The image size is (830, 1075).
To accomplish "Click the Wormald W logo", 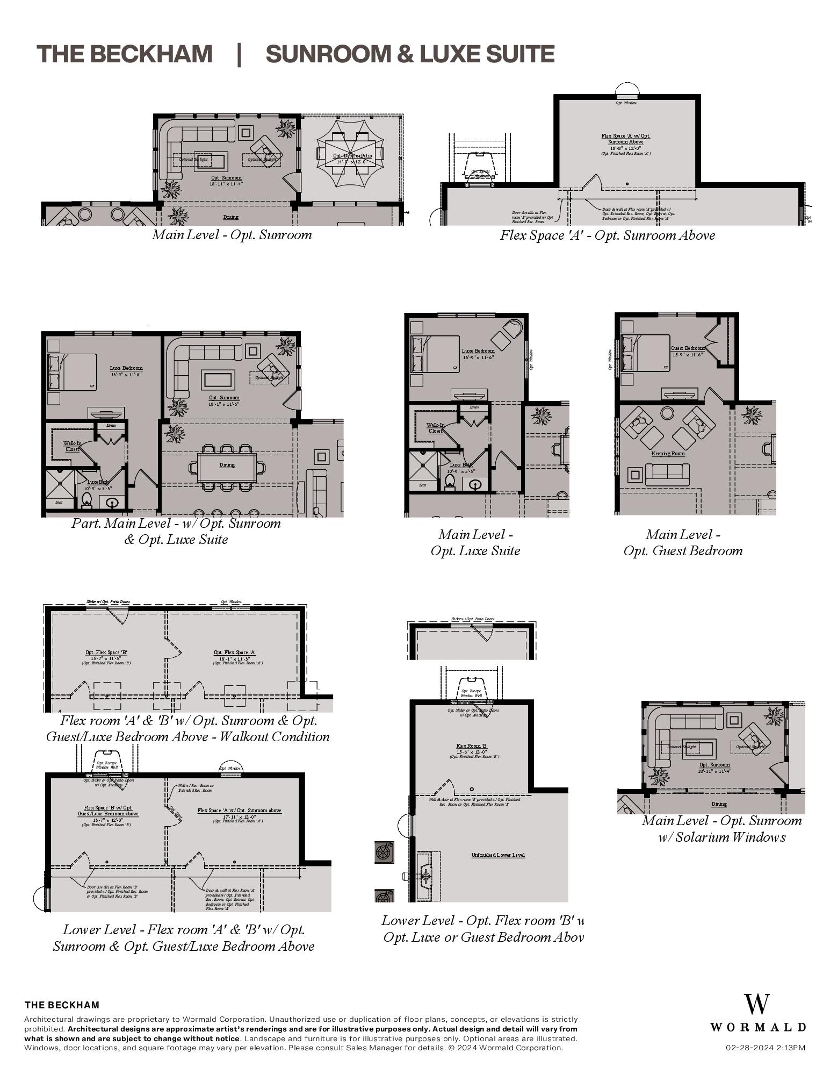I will (x=756, y=1004).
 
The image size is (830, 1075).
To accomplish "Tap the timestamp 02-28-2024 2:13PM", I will (x=765, y=1048).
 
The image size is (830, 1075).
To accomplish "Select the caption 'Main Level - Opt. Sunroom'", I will (x=232, y=235).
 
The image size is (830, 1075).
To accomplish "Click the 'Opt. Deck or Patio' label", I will (x=352, y=156).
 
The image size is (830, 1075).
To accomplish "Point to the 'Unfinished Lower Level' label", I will (x=497, y=855).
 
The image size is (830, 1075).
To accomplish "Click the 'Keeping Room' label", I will (x=668, y=454).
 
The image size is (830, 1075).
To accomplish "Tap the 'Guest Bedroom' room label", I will (x=687, y=348).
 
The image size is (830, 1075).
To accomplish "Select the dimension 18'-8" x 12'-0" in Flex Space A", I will (x=625, y=148).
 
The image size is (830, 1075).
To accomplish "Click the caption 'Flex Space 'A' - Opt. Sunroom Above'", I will (x=607, y=235).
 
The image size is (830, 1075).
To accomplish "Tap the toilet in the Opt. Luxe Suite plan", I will (x=450, y=482).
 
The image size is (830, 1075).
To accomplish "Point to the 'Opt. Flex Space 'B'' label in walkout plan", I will (x=106, y=653).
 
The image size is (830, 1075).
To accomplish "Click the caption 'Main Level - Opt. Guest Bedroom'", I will (x=683, y=542).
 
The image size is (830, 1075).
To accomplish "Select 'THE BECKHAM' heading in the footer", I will (x=62, y=1005).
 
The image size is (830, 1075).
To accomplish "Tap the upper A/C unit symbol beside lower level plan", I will (x=384, y=852).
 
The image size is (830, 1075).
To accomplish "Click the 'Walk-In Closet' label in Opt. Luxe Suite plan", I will (x=435, y=428).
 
